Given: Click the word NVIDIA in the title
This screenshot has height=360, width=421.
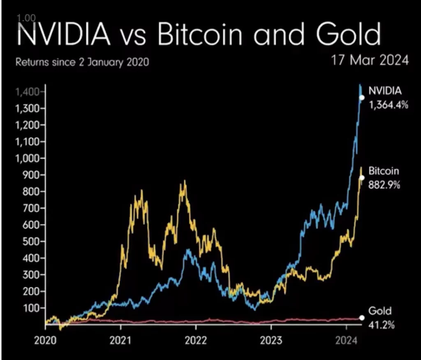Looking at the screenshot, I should pos(62,35).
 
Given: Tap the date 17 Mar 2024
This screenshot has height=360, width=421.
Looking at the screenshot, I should pos(370,60).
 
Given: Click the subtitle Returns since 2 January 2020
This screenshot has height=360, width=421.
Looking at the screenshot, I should pos(82,63).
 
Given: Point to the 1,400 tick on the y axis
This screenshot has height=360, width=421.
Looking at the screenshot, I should pos(27,92).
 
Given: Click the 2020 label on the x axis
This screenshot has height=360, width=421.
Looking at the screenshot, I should pos(46,340).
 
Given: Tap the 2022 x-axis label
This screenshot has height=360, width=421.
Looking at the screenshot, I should pos(196,340).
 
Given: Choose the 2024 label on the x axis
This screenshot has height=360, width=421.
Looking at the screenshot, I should pos(346,340).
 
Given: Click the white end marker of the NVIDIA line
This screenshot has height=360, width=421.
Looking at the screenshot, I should pos(362,98).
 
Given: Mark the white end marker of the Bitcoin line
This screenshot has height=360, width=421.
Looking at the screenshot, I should pos(362,178).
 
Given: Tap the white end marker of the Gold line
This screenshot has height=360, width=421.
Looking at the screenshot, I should pos(362,318).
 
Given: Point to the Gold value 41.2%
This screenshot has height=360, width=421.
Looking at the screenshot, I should pos(382,325).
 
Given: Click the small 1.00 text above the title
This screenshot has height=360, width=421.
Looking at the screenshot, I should pos(27,18).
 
